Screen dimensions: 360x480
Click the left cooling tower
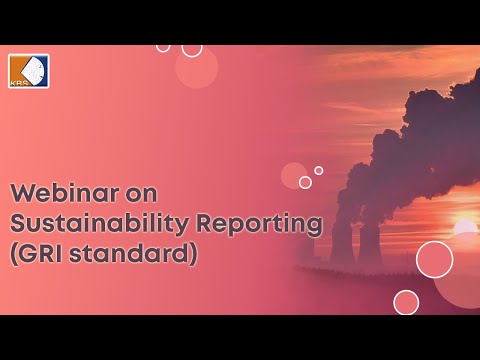340,241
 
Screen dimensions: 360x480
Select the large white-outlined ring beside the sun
434,259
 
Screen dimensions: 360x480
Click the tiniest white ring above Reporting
318,170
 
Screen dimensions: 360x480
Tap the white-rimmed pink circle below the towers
405,302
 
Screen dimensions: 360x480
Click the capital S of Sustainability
18,223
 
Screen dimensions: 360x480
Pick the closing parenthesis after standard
194,254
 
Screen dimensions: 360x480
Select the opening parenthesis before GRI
14,254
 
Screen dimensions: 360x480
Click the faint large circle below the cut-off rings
196,68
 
